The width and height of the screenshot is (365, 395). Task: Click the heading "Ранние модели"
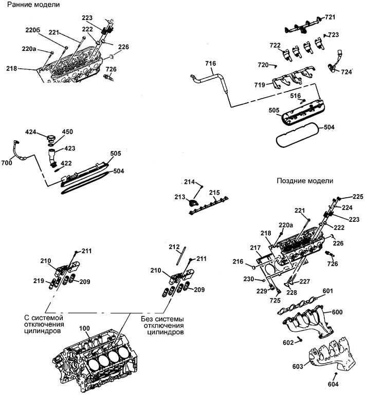(33, 5)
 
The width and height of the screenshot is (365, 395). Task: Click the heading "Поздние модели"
(305, 181)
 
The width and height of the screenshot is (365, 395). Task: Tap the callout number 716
(210, 63)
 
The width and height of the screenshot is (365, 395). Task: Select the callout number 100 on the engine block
(84, 329)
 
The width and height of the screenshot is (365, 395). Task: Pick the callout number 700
(7, 163)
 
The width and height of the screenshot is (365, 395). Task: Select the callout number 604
(333, 384)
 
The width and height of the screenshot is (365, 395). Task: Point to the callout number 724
(346, 72)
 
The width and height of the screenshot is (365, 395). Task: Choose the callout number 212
(174, 247)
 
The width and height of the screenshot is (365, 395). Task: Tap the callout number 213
(180, 197)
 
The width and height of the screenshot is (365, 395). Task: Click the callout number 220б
(33, 30)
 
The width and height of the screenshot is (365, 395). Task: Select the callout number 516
(296, 96)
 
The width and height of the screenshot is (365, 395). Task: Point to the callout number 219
(39, 281)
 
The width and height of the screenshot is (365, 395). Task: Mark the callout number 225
(358, 197)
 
